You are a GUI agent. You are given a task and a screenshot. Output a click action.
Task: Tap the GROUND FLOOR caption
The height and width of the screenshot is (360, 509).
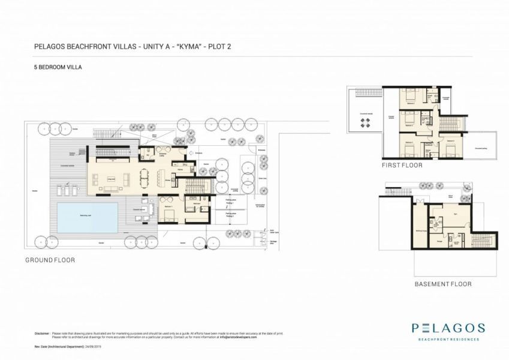click(x=50, y=260)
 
